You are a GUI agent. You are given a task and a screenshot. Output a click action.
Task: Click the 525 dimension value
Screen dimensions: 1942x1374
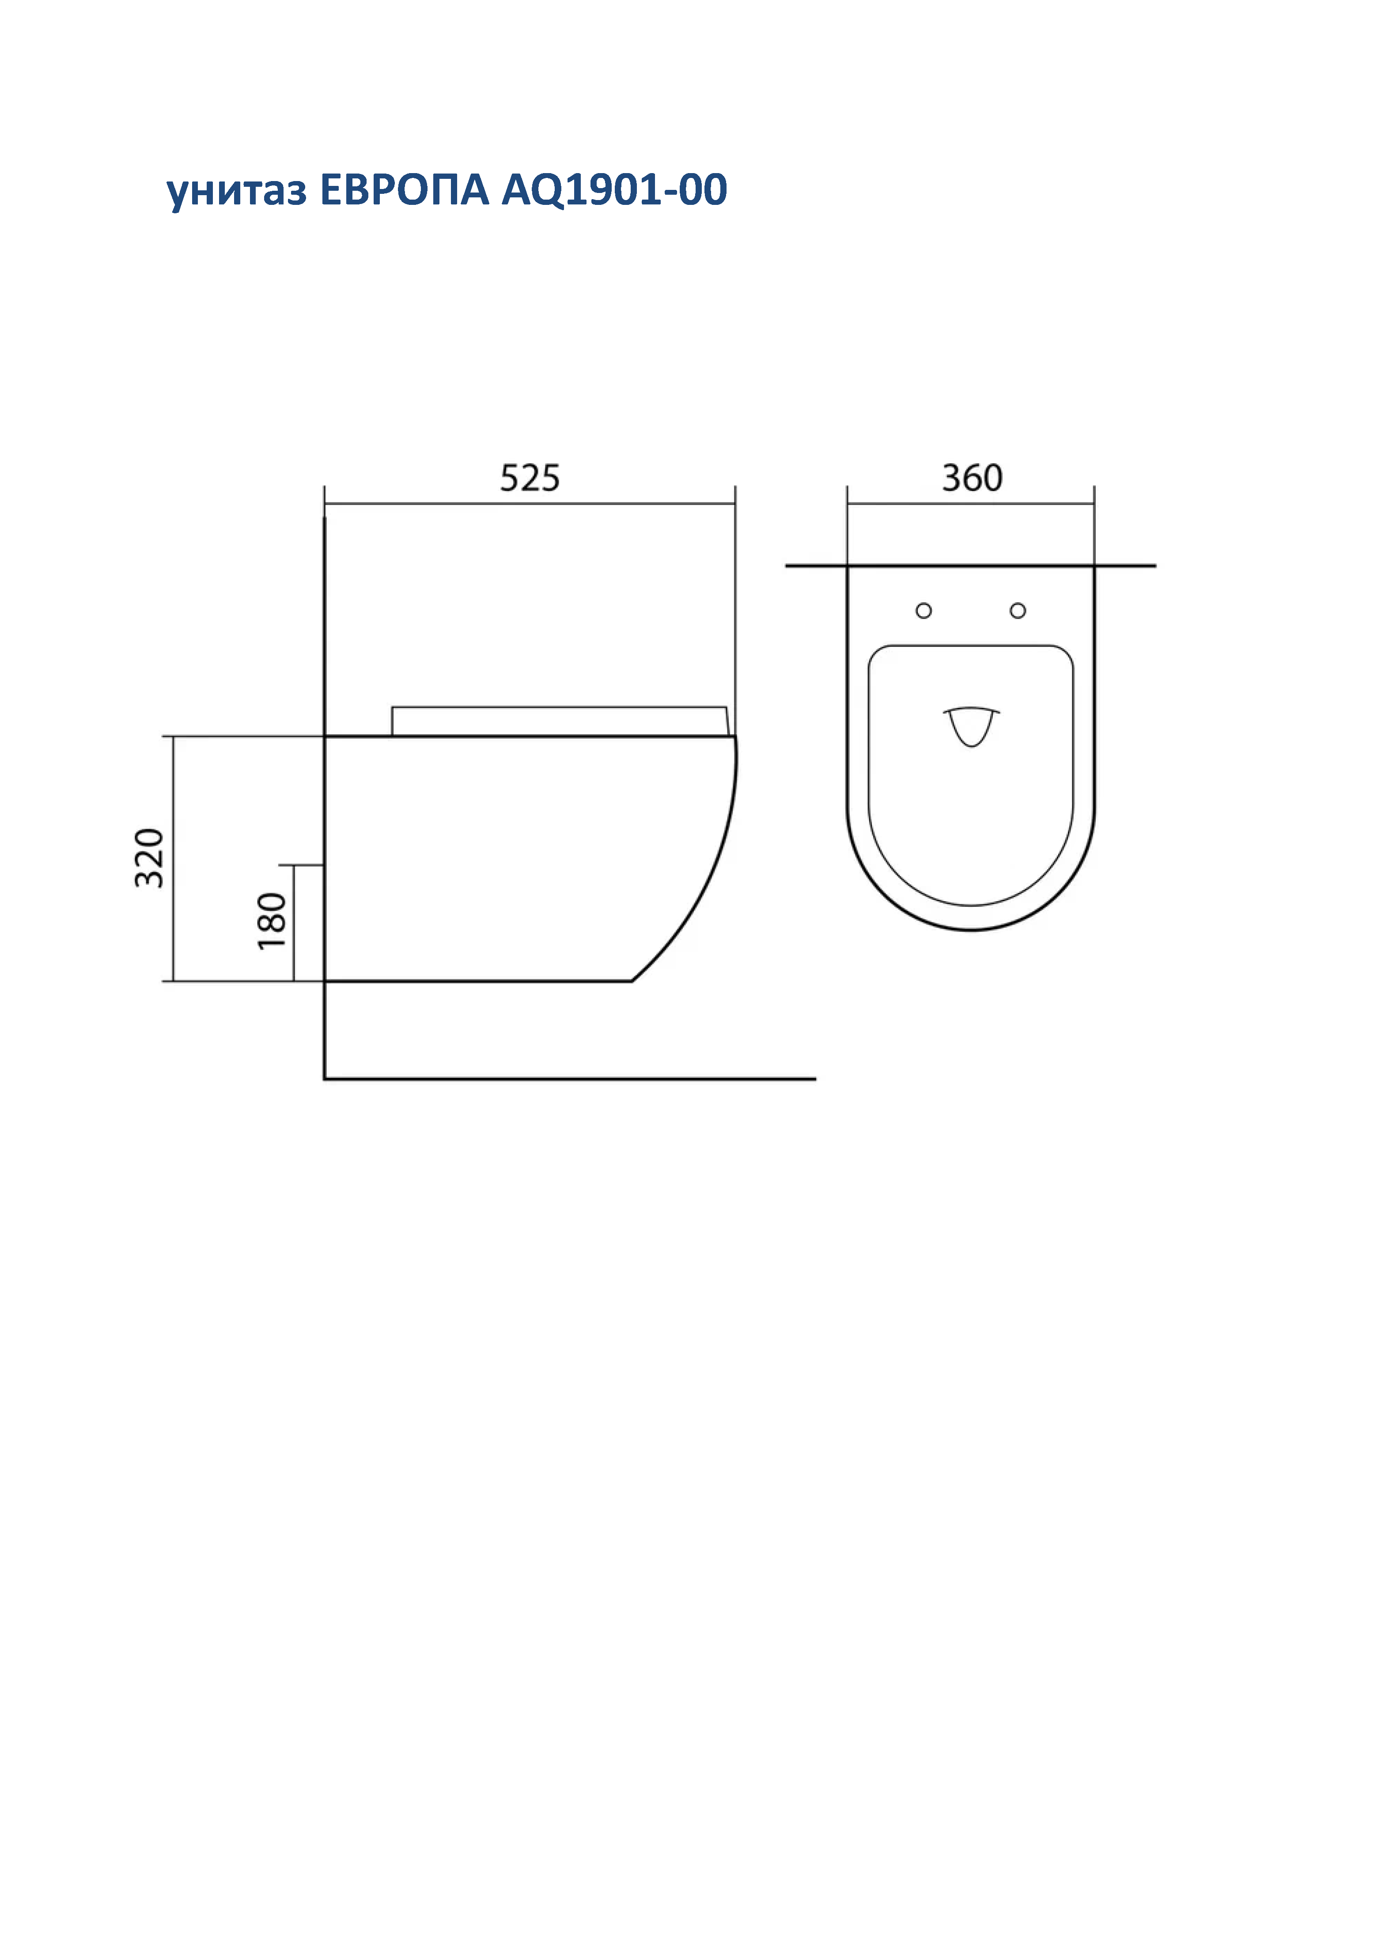coord(530,479)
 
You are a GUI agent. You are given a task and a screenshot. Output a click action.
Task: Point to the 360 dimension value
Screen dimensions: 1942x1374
coord(972,479)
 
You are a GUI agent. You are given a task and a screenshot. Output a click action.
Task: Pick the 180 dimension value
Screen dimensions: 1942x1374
coord(273,921)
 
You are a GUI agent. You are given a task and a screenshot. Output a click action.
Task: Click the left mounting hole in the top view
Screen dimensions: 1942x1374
coord(924,611)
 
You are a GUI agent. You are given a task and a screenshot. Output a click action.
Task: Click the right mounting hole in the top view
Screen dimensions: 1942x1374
coord(1018,611)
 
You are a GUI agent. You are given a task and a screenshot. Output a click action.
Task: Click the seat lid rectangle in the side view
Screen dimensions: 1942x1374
coord(558,721)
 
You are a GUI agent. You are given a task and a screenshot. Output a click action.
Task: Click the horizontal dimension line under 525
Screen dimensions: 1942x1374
coord(530,504)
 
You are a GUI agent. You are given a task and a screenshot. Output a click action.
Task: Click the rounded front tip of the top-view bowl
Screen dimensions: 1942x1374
coord(971,929)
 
